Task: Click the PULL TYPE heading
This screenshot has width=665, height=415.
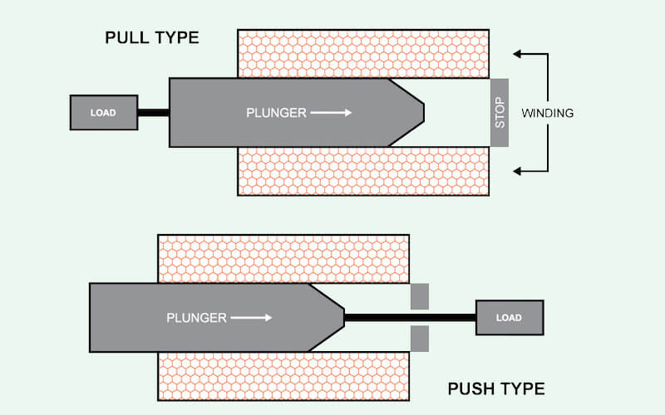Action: [152, 38]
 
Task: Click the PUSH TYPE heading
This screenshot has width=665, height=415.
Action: [496, 388]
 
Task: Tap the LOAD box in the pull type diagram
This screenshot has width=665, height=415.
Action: [104, 113]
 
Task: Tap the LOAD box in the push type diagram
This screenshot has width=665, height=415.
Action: [510, 317]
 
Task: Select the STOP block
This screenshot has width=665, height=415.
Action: [500, 113]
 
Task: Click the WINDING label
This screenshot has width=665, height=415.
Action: [547, 113]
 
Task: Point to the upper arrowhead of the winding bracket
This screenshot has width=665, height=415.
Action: [519, 54]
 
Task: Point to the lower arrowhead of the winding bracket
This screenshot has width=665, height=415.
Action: [519, 171]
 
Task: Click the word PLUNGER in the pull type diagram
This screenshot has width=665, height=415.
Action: [276, 112]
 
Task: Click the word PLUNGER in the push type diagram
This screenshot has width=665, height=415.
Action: [196, 317]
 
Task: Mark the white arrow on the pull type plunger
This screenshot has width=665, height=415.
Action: [332, 112]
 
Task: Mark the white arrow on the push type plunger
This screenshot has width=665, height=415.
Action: [252, 317]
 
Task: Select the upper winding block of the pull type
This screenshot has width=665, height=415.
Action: [363, 54]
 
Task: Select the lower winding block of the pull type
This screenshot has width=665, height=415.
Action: [363, 171]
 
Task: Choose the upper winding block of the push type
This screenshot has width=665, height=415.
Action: [283, 259]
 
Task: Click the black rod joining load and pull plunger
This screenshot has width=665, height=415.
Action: [153, 113]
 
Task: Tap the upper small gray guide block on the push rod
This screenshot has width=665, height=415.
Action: [420, 296]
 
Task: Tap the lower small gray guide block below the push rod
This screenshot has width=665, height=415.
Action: [420, 338]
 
